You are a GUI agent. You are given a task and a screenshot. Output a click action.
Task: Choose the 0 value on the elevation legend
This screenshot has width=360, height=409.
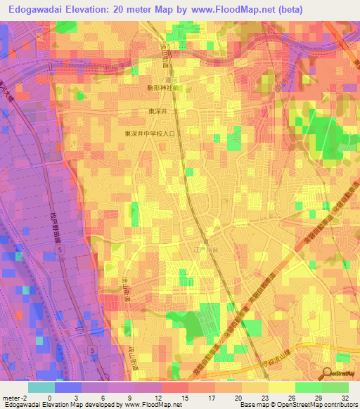pos(49,396)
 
